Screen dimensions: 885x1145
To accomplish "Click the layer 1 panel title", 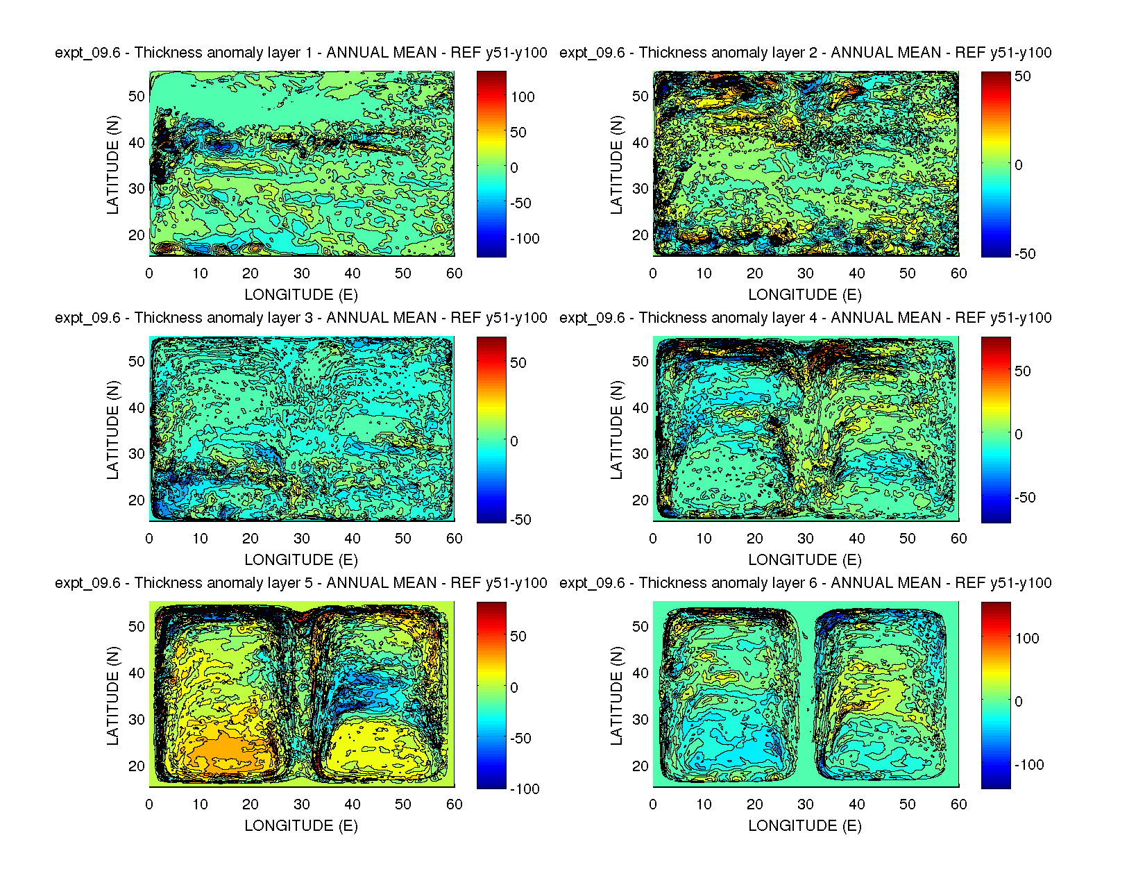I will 300,53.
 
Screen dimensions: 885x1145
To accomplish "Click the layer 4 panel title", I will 805,318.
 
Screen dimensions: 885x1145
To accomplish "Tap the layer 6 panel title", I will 805,583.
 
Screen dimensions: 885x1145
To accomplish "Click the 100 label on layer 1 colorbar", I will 523,97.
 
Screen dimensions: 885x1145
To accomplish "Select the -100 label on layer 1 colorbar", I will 525,239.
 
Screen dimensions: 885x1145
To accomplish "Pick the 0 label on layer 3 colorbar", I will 514,441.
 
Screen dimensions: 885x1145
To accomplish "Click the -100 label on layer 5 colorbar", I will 525,789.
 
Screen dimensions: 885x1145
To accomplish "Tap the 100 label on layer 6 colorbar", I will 1027,639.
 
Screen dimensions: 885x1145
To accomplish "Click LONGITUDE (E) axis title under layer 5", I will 300,825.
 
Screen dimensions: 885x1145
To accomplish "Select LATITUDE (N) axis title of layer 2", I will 616,165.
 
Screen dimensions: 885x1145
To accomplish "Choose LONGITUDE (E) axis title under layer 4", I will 805,560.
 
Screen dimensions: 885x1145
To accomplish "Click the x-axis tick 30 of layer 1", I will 301,273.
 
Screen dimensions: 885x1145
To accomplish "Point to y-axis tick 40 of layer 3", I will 136,408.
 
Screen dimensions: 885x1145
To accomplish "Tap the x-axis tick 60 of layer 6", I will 958,804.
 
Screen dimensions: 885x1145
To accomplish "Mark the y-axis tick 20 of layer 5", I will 136,766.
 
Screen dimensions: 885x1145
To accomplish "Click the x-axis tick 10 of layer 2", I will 704,273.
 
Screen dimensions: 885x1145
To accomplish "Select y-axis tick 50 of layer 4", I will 640,362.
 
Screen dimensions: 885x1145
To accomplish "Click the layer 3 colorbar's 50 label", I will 518,363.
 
